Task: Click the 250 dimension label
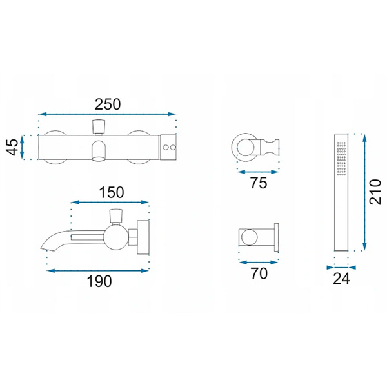[x=108, y=104]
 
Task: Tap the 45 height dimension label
[x=12, y=147]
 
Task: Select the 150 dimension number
[x=112, y=192]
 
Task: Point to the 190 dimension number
[x=99, y=281]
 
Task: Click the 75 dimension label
[x=259, y=183]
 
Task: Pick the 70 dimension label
[x=259, y=273]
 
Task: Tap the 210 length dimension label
[x=375, y=192]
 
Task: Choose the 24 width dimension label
[x=341, y=279]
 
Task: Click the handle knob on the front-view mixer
[x=99, y=126]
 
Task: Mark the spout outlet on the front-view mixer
[x=99, y=151]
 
